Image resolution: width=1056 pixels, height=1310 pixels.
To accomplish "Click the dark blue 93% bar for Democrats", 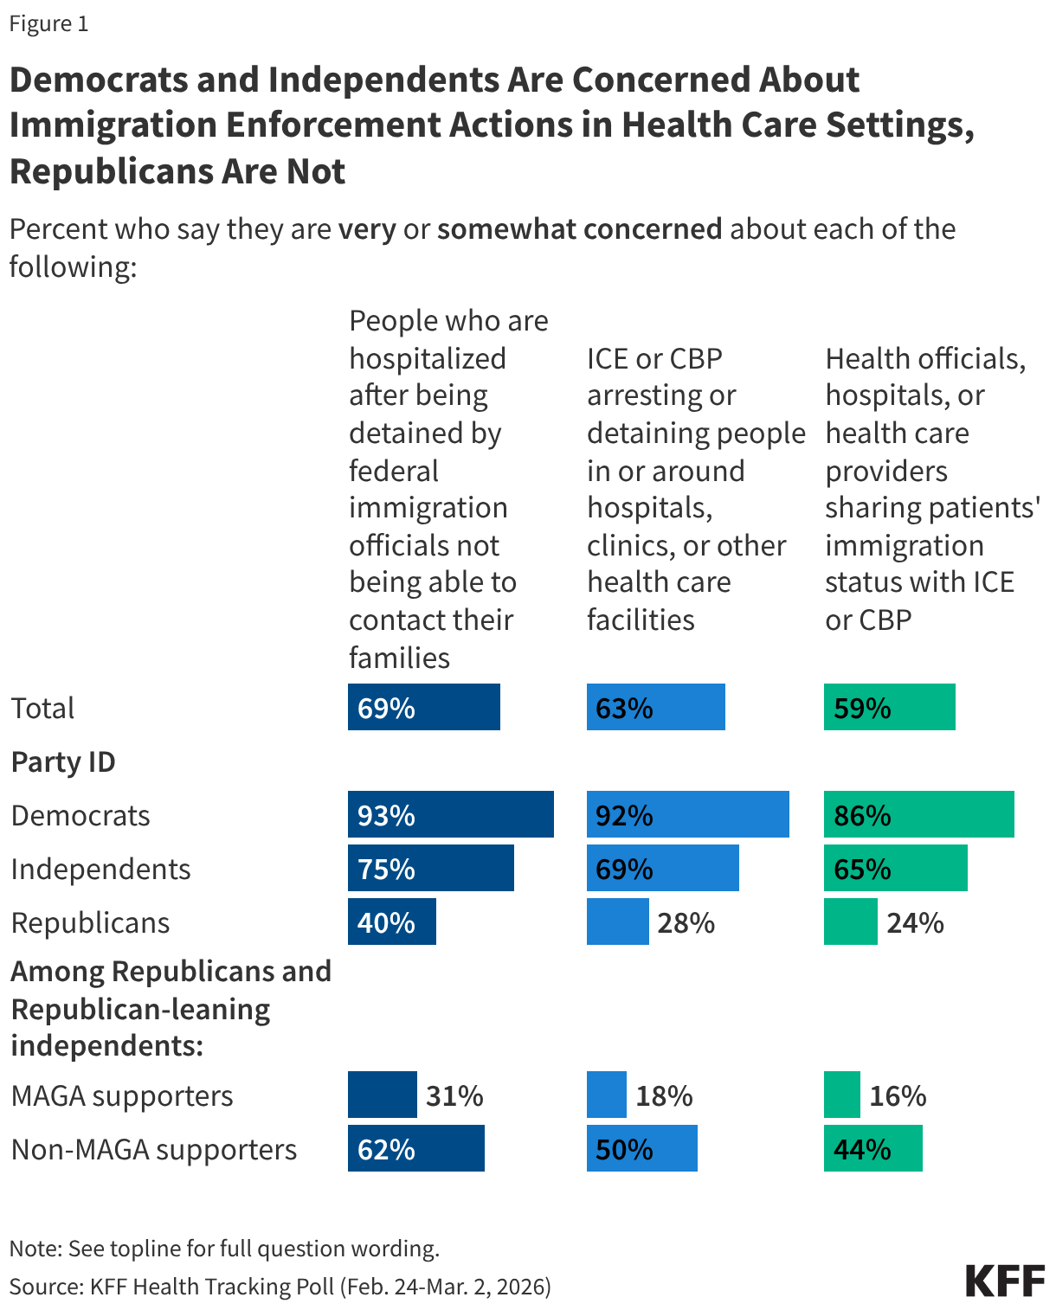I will (x=450, y=814).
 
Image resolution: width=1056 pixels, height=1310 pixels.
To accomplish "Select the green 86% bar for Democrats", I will (x=918, y=814).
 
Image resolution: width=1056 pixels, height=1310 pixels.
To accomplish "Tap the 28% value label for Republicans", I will (x=686, y=922).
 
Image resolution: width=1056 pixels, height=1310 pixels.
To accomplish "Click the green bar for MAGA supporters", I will (x=841, y=1095).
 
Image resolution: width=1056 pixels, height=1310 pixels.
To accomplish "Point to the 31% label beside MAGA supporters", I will (x=454, y=1095).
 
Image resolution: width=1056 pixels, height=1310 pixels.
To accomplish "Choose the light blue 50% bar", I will (x=641, y=1148).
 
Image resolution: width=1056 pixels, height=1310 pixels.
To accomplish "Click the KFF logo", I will (x=1005, y=1281).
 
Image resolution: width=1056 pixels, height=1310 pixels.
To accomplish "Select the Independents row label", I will (x=100, y=869).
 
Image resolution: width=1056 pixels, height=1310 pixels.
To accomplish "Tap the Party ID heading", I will (x=63, y=762).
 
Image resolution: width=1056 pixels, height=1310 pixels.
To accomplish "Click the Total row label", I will (x=42, y=708).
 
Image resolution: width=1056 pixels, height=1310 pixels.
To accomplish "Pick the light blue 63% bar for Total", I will (x=655, y=707).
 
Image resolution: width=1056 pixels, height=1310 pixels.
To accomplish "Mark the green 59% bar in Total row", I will (x=889, y=707).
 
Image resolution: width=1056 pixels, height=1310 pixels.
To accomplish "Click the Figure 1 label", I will (x=48, y=23).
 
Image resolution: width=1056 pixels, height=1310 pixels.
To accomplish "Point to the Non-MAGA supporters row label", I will (x=154, y=1149).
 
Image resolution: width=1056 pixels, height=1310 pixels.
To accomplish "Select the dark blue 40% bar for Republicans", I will (x=391, y=921).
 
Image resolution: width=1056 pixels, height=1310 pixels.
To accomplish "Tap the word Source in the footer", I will (x=45, y=1287).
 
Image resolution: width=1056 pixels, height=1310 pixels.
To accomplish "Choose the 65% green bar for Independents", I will (x=895, y=868).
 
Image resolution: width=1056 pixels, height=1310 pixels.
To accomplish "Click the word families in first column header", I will (x=399, y=658).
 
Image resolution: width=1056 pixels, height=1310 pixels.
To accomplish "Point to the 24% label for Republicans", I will (x=915, y=922).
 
